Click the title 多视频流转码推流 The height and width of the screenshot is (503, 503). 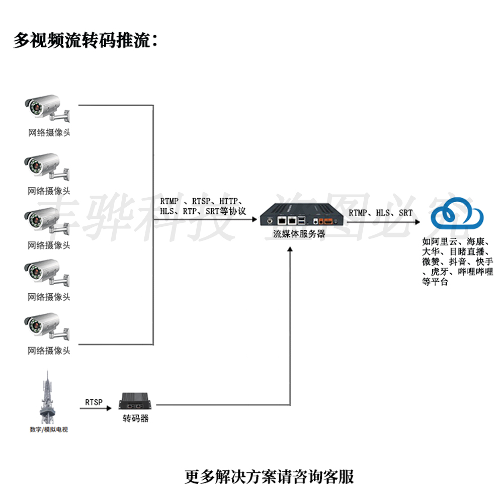point(86,41)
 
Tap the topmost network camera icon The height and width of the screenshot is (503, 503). point(48,109)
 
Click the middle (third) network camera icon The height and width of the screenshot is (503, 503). point(48,221)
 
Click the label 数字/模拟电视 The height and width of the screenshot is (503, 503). point(48,430)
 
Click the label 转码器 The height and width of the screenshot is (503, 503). point(136,418)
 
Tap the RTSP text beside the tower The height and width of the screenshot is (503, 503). point(94,402)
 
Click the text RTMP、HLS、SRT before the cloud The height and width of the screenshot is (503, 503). point(381,213)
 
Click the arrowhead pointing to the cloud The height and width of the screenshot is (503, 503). point(420,220)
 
